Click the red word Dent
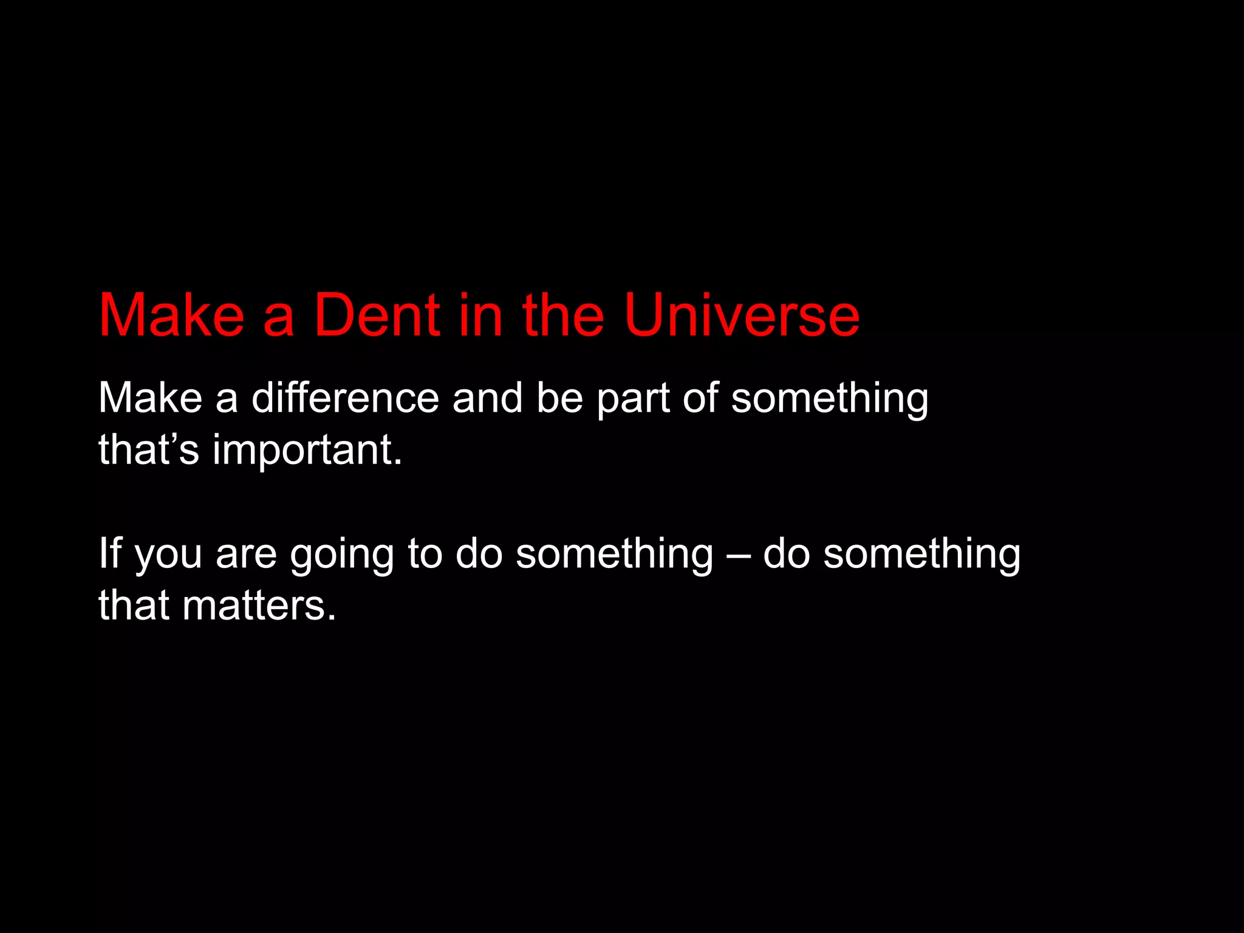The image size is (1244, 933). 377,316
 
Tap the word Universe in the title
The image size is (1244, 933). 742,316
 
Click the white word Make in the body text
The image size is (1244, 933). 150,398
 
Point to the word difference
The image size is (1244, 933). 345,398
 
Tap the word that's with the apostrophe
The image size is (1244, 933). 149,450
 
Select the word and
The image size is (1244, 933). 487,398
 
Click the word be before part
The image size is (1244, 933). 559,398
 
